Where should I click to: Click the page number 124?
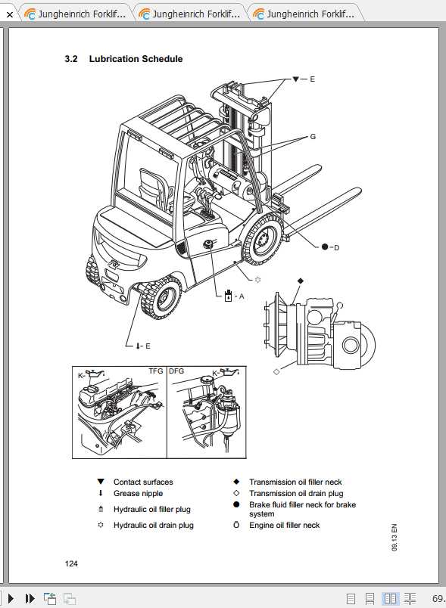click(x=72, y=563)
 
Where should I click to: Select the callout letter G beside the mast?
click(x=312, y=137)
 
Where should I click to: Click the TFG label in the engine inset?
click(x=155, y=371)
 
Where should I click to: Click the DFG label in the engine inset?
click(x=176, y=371)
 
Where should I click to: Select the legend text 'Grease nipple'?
click(x=138, y=494)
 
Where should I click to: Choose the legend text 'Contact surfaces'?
click(x=143, y=482)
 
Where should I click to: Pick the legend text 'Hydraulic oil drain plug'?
click(x=154, y=525)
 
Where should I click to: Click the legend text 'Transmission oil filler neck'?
click(x=295, y=482)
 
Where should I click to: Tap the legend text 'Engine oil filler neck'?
click(x=285, y=525)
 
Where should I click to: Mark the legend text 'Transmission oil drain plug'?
click(x=295, y=493)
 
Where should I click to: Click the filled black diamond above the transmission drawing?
click(x=300, y=281)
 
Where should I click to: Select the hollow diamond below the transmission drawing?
click(x=276, y=371)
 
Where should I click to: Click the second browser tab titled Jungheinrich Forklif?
click(x=189, y=13)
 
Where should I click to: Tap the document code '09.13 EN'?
click(x=394, y=540)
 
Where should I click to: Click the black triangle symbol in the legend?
click(x=100, y=482)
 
